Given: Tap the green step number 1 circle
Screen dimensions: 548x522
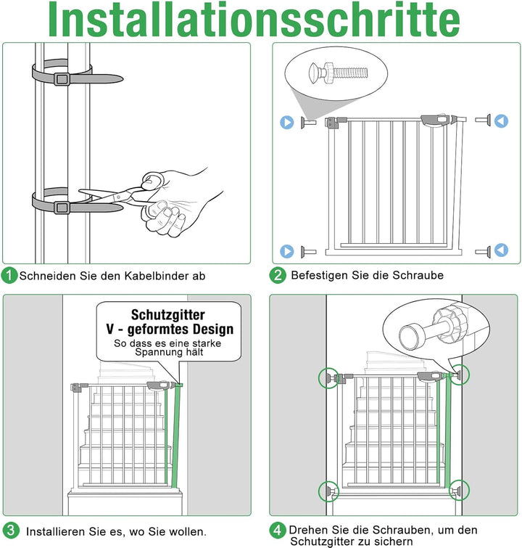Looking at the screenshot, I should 9,276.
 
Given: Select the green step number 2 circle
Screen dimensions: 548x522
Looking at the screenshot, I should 278,275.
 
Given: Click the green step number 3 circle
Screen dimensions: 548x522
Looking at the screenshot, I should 10,530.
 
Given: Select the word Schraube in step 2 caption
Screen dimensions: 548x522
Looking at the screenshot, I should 417,275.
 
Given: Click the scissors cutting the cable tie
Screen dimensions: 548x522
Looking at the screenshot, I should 116,194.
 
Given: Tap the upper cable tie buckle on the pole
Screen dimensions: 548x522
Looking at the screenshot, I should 61,78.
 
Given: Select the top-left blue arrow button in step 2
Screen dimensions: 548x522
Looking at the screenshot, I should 287,122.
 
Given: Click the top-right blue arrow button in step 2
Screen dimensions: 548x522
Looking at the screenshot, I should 501,121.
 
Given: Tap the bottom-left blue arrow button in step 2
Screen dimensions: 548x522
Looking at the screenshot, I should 287,252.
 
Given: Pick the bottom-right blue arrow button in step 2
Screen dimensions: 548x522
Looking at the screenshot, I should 501,251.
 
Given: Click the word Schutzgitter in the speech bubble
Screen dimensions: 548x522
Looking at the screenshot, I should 167,315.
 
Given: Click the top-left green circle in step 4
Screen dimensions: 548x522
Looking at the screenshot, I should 328,377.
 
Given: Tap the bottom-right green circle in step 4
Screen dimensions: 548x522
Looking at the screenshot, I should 458,491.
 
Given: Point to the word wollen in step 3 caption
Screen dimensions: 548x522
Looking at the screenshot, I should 186,532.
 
